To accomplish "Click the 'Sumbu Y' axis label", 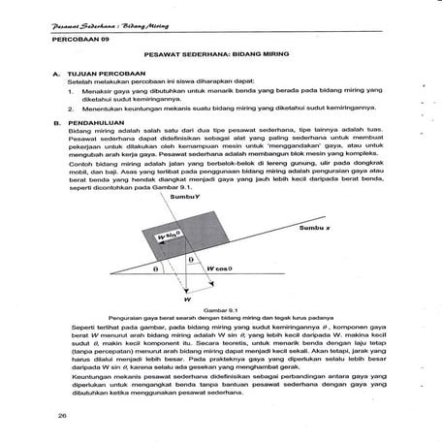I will click(184, 196).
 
